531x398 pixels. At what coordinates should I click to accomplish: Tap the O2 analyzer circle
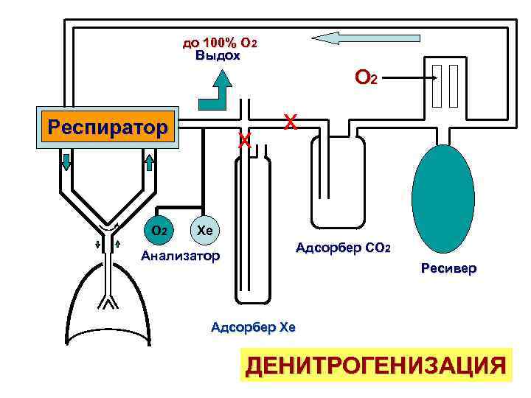tap(159, 231)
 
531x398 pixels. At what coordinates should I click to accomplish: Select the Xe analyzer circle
tap(205, 231)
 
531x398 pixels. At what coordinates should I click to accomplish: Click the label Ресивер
tap(448, 269)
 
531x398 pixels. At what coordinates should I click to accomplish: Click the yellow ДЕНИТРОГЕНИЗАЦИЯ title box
tap(376, 365)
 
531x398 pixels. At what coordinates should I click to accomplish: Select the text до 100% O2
tap(220, 42)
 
